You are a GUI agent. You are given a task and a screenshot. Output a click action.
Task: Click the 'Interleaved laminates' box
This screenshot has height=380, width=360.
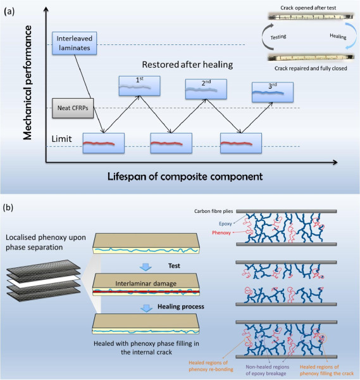(71, 42)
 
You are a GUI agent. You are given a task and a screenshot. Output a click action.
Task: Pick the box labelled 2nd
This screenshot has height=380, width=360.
(206, 89)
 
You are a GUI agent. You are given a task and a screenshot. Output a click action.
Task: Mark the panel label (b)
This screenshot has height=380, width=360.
(11, 206)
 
